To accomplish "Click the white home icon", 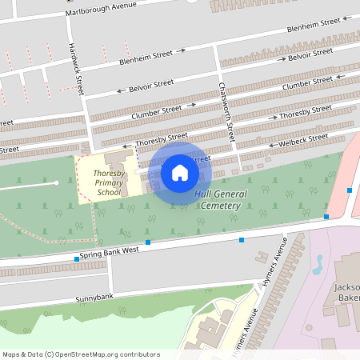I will click(x=179, y=172).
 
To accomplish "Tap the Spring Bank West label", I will click(x=109, y=254).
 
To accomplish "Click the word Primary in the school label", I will click(x=109, y=182).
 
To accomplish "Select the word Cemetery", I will click(x=222, y=206).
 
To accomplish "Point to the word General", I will click(x=230, y=194).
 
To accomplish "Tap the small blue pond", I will click(x=318, y=262).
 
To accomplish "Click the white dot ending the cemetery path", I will click(x=57, y=182).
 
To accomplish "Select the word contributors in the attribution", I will click(x=138, y=354).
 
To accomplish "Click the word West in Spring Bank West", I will click(x=130, y=250).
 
